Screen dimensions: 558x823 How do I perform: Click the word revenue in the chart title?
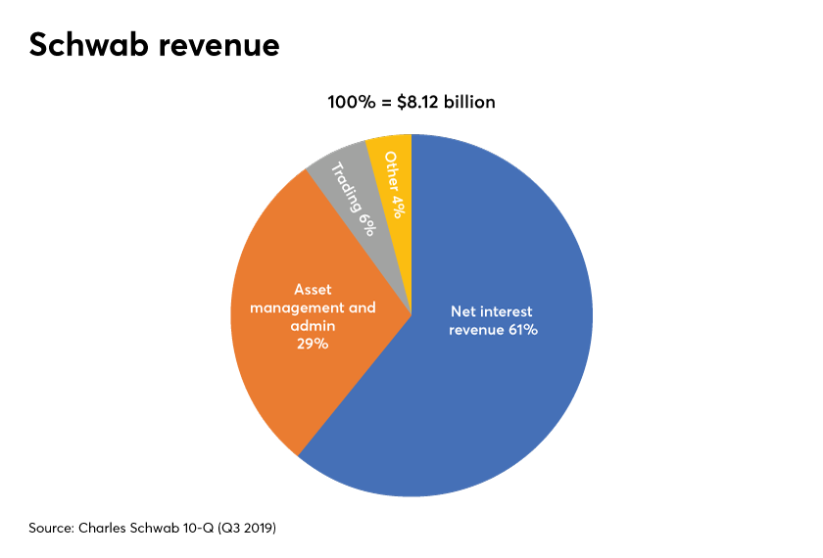tap(216, 46)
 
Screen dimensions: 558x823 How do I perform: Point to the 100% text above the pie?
tap(351, 102)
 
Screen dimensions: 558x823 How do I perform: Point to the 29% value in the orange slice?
tap(314, 344)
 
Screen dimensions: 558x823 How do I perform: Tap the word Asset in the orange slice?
tap(313, 290)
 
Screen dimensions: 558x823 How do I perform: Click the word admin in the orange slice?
tap(314, 325)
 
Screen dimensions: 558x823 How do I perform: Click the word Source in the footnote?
tap(52, 528)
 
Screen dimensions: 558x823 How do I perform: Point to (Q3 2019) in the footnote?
tap(245, 528)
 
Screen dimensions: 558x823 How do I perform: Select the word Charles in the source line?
tap(105, 528)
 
